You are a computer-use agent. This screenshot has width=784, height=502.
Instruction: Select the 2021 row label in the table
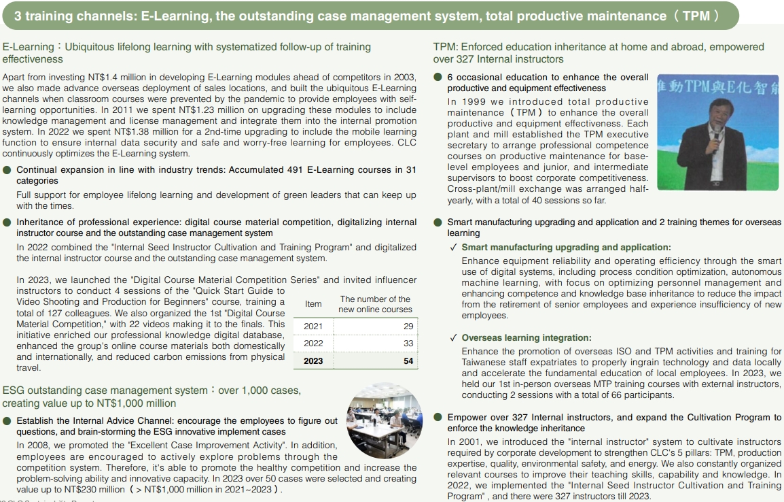tap(313, 327)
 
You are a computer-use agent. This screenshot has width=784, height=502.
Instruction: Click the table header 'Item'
tap(313, 304)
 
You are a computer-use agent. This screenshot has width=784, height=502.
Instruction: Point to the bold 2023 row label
tap(313, 361)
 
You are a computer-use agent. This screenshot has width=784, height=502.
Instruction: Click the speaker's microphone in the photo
tap(715, 133)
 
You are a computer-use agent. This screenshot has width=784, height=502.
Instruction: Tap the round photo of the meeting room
tap(384, 421)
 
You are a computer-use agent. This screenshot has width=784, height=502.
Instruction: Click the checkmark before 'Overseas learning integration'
tap(452, 338)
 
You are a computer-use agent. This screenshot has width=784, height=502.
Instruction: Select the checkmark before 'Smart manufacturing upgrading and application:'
tap(452, 248)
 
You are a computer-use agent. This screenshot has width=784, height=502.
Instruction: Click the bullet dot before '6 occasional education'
tap(439, 78)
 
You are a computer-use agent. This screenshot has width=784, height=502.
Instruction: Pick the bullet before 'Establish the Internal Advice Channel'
tap(7, 421)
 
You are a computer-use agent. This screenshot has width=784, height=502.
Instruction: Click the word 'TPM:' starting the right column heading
tap(446, 47)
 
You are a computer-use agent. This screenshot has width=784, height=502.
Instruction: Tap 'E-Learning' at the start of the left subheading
tap(28, 47)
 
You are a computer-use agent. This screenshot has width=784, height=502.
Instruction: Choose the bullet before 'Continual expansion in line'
tap(7, 170)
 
